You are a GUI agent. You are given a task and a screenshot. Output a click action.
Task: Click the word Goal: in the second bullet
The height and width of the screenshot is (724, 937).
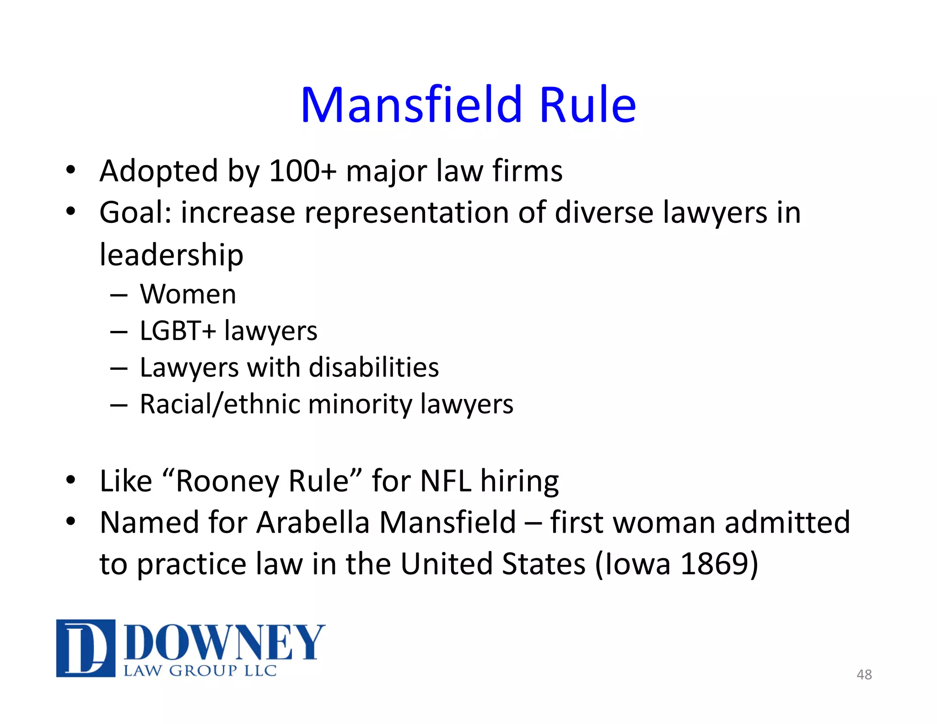point(135,213)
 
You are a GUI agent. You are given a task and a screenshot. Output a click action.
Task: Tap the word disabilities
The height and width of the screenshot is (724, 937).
point(374,367)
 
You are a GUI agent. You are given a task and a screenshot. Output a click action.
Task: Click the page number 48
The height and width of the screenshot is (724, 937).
point(864,675)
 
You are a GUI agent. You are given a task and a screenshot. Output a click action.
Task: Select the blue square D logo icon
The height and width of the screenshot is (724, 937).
point(86,648)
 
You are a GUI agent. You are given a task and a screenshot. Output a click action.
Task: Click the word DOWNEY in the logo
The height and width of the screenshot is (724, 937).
point(224,642)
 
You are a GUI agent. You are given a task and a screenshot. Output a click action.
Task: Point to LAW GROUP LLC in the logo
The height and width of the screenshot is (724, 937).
point(200,671)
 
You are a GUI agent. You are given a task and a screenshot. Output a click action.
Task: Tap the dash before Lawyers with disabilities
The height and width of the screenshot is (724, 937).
point(118,368)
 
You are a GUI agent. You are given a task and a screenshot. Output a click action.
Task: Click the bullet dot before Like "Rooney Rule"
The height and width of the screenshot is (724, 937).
point(70,480)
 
